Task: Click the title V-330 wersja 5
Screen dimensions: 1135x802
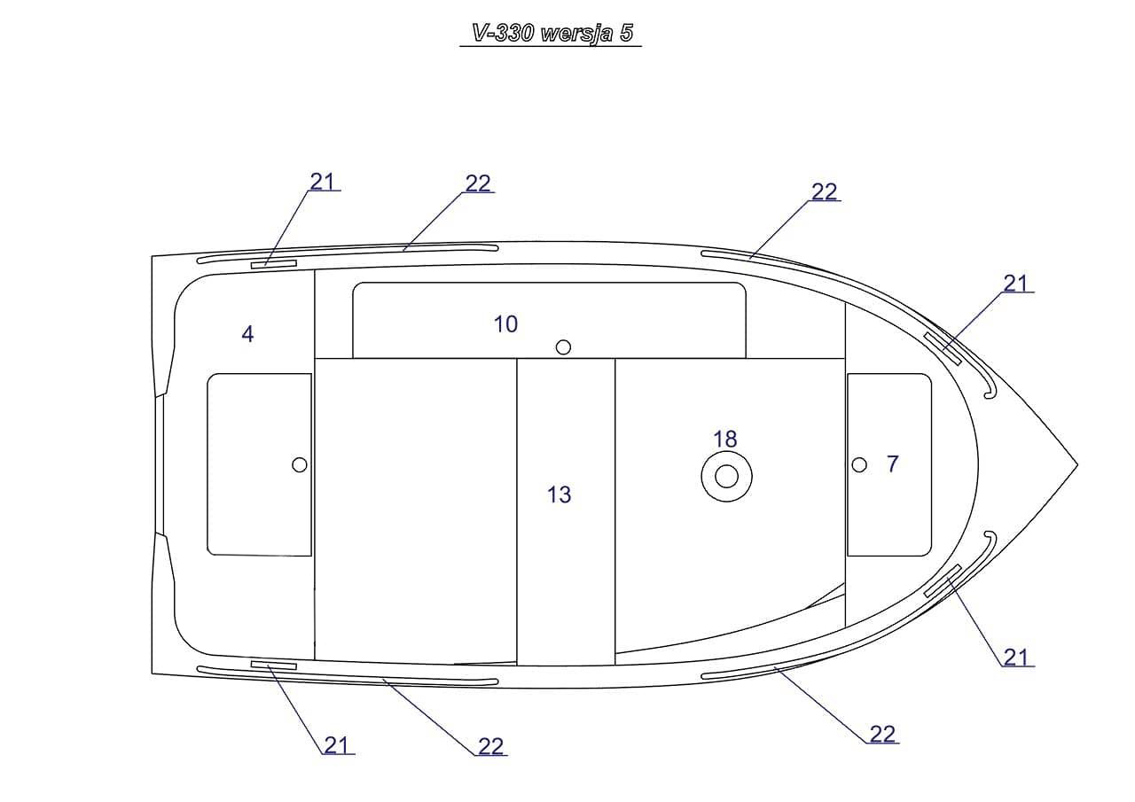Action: point(552,34)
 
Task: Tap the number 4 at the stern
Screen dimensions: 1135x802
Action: point(247,334)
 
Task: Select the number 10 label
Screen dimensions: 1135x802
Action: point(505,324)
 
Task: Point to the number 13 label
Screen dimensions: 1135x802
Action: point(560,494)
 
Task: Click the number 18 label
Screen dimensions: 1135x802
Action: point(725,439)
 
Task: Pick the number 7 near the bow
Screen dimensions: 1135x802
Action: point(893,463)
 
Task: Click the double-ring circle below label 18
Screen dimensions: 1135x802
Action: point(726,477)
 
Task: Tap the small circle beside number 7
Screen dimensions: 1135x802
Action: point(859,464)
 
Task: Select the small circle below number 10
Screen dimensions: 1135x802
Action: point(563,347)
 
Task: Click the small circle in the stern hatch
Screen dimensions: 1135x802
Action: point(300,464)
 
